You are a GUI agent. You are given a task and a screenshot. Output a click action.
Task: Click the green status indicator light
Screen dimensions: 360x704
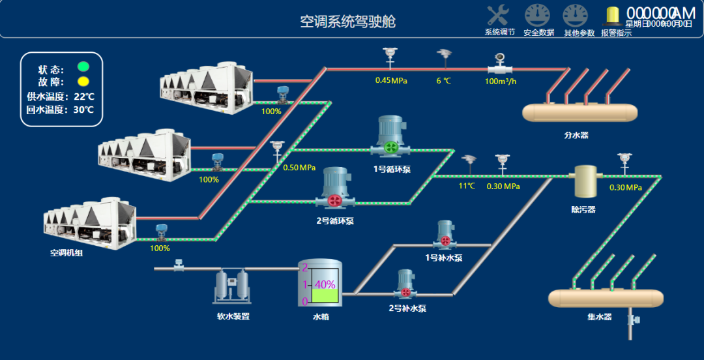tap(83, 67)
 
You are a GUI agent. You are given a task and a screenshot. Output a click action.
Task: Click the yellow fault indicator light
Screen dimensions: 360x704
tap(83, 82)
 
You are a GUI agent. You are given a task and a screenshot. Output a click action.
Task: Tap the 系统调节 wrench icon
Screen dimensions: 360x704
tap(499, 16)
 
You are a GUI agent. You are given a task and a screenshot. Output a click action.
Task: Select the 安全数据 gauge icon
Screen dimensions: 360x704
tap(538, 16)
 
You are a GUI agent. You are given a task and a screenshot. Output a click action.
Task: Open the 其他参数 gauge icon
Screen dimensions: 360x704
tap(576, 16)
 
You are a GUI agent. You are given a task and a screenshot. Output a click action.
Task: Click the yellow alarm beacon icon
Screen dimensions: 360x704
tap(613, 16)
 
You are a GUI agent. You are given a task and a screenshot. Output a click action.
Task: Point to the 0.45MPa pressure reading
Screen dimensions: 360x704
tap(391, 81)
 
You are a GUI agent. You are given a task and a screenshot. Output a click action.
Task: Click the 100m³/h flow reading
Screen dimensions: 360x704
tap(501, 82)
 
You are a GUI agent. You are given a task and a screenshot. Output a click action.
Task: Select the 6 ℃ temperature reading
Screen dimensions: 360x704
tap(443, 81)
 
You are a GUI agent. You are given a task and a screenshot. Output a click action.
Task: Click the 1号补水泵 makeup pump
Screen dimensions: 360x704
tap(445, 236)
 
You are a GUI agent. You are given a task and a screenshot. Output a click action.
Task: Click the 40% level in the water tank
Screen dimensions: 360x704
tap(325, 285)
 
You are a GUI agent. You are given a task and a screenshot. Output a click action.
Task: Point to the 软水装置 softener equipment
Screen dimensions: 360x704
tap(232, 288)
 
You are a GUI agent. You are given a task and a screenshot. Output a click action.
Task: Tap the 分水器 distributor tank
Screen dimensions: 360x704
tap(579, 112)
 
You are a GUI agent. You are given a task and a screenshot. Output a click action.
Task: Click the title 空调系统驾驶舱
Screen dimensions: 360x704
tap(347, 22)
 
